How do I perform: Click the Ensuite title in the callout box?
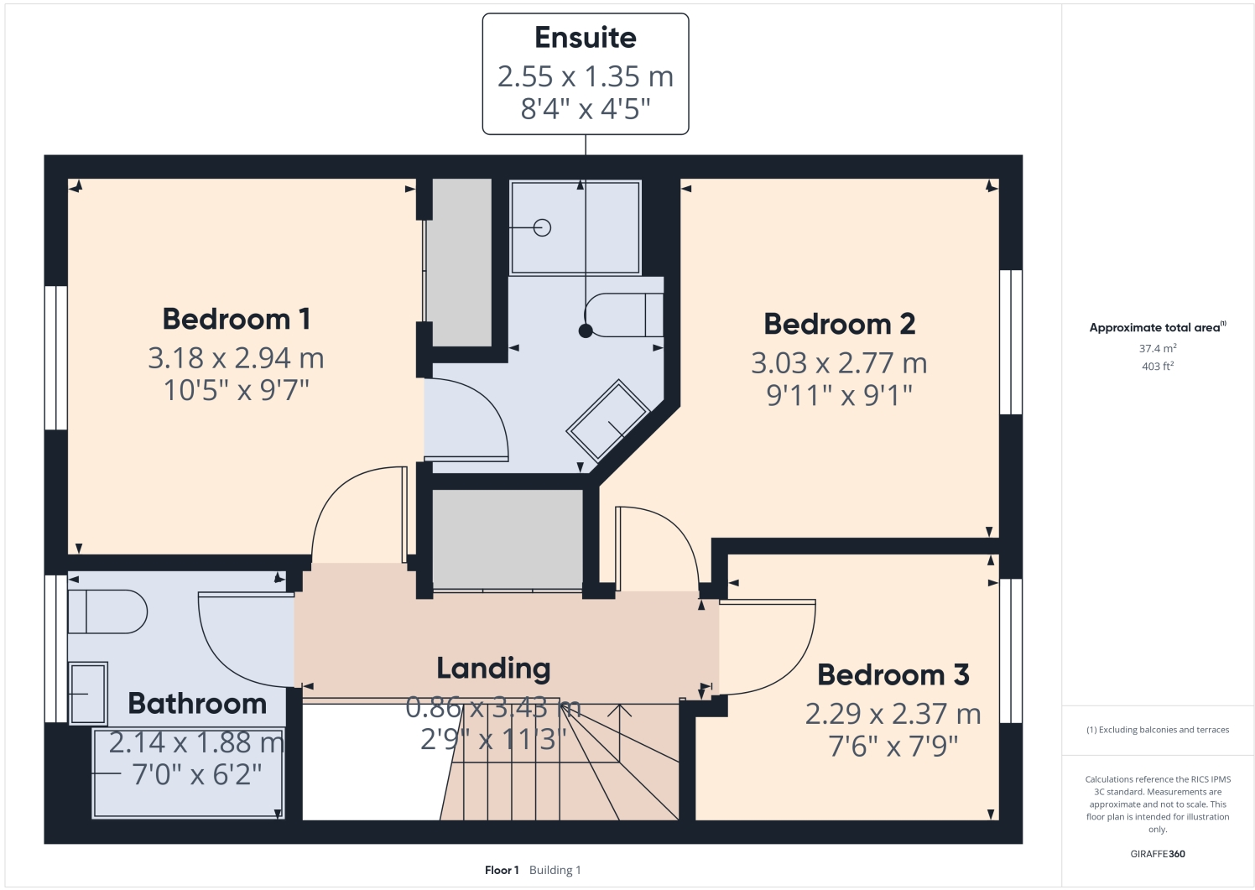point(585,38)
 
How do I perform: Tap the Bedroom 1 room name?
point(236,319)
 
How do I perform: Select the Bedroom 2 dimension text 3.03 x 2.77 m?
point(838,363)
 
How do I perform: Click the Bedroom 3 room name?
point(893,674)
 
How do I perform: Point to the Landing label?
point(493,668)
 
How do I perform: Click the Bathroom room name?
point(197,703)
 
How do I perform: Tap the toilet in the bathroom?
point(107,612)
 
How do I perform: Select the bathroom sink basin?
point(88,693)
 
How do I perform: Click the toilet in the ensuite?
point(625,315)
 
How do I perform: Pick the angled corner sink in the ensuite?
point(609,419)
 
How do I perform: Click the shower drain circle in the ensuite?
point(543,227)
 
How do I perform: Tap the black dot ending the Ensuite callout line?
point(586,330)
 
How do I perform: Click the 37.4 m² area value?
point(1157,348)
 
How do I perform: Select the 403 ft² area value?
point(1157,366)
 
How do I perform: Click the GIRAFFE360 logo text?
point(1157,854)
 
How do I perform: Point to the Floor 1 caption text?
point(502,870)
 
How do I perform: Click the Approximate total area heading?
point(1156,327)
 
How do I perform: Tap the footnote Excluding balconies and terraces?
point(1157,730)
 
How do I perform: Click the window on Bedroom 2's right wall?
point(1010,341)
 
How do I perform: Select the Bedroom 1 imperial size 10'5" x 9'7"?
point(236,390)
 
